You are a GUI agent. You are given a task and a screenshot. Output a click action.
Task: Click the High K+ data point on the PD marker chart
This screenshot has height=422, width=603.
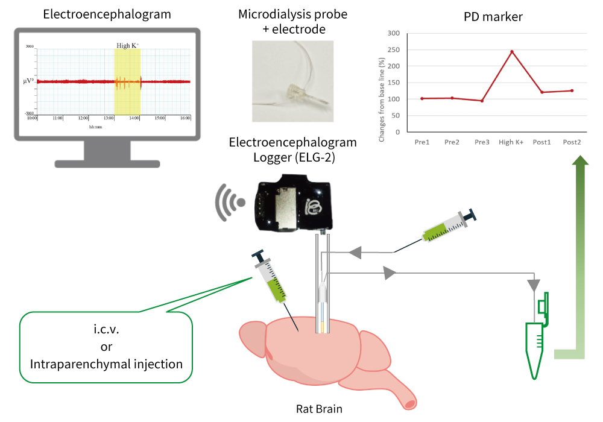[511, 51]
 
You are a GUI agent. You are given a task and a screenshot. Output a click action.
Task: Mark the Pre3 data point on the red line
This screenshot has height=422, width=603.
[482, 101]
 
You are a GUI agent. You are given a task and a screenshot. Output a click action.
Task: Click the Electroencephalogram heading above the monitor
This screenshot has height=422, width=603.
[107, 13]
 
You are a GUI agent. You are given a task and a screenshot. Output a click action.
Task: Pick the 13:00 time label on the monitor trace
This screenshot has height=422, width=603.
[109, 118]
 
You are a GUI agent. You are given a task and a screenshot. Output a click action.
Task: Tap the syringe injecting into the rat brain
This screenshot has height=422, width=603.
[271, 281]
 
